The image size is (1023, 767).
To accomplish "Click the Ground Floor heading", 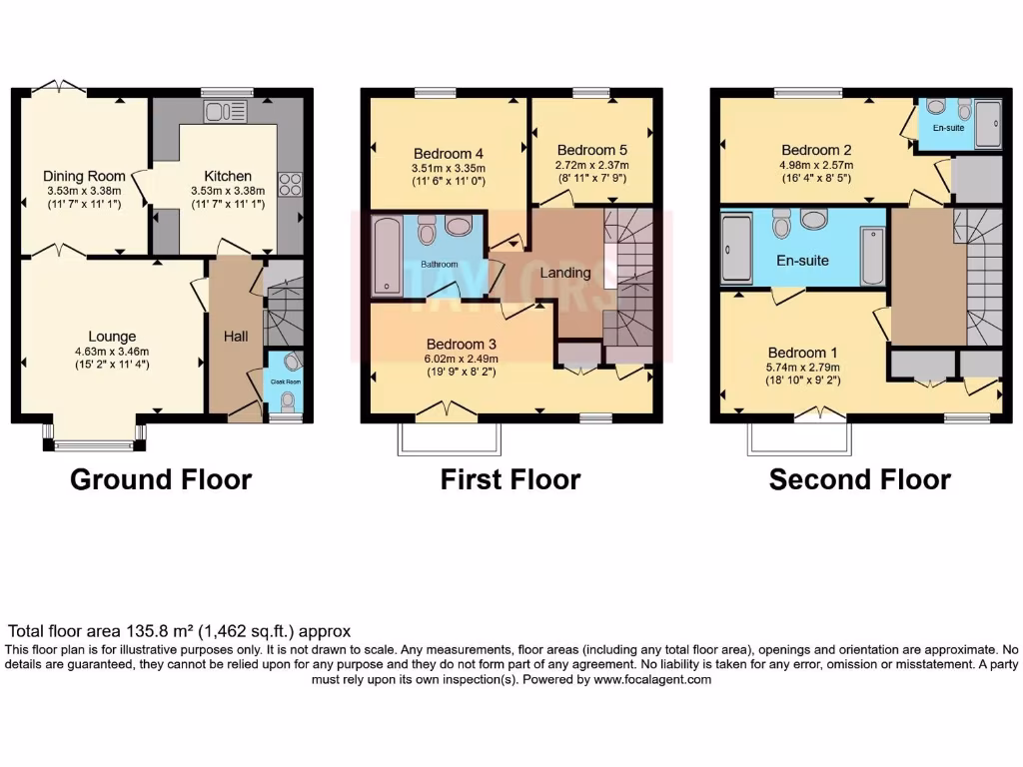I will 160,479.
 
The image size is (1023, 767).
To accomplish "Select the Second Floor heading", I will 859,479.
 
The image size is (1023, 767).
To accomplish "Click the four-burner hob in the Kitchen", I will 289,185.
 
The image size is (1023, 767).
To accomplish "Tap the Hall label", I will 236,338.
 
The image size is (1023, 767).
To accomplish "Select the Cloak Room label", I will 286,382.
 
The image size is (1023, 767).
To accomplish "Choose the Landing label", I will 565,273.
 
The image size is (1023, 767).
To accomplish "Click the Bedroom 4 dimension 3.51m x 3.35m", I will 449,169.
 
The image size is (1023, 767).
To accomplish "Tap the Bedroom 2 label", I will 816,151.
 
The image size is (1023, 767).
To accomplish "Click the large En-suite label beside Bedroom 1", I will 803,261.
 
